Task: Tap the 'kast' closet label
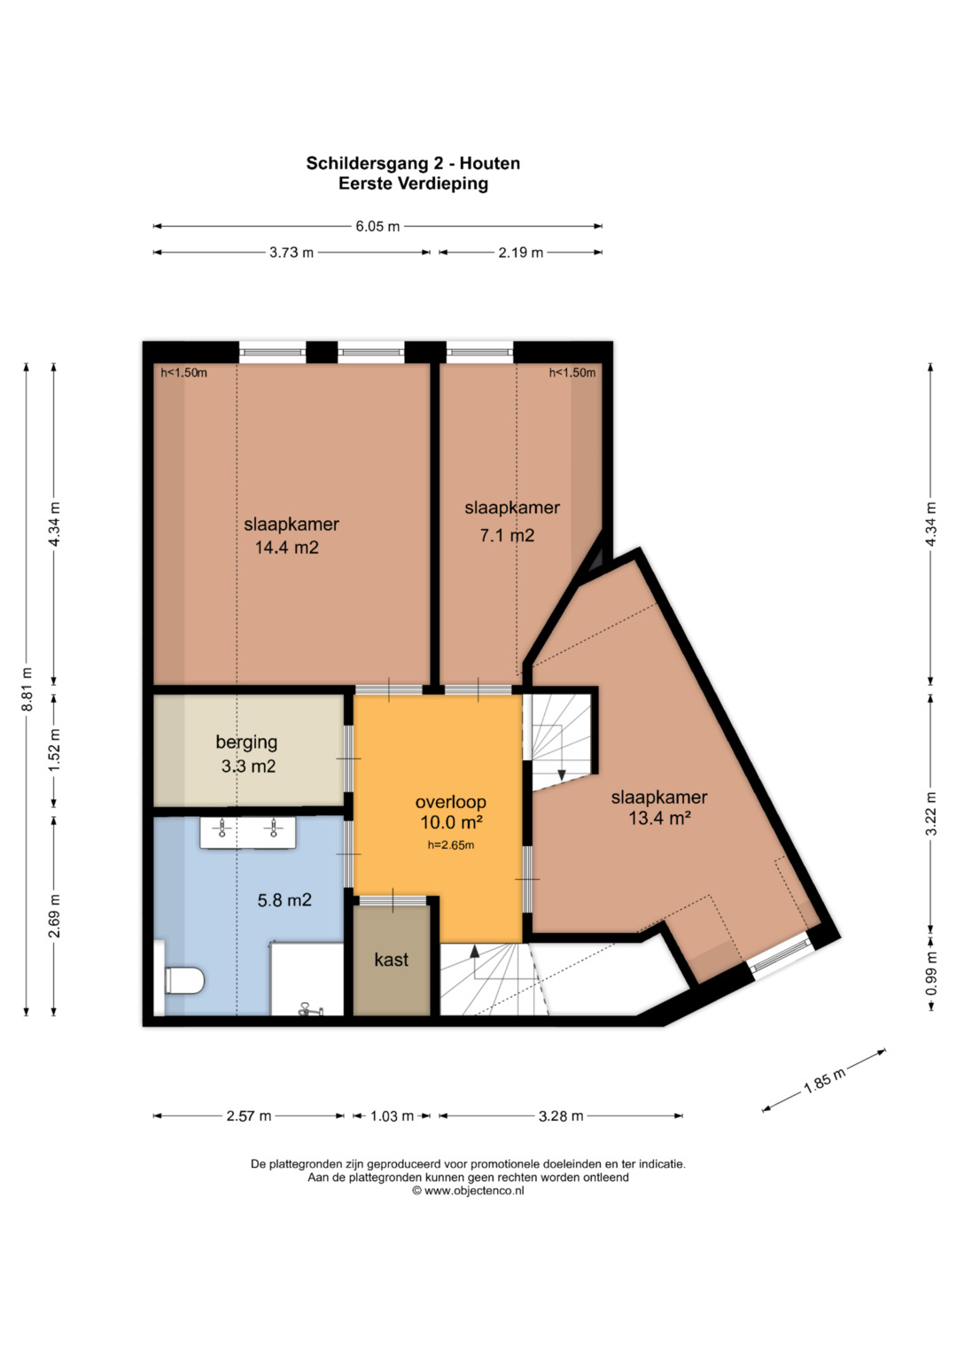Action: pyautogui.click(x=391, y=960)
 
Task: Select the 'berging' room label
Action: pyautogui.click(x=246, y=743)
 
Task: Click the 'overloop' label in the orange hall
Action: pyautogui.click(x=451, y=802)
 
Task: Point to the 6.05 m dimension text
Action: pyautogui.click(x=377, y=227)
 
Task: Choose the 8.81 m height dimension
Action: pyautogui.click(x=27, y=689)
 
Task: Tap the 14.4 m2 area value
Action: pyautogui.click(x=286, y=548)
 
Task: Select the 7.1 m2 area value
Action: pyautogui.click(x=507, y=535)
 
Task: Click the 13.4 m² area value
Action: pyautogui.click(x=660, y=818)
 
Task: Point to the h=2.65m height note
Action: pyautogui.click(x=451, y=845)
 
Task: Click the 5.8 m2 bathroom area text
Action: pyautogui.click(x=284, y=900)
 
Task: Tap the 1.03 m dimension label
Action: pyautogui.click(x=392, y=1116)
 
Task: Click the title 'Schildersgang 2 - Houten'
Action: pyautogui.click(x=413, y=163)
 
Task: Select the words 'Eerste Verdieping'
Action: pyautogui.click(x=413, y=183)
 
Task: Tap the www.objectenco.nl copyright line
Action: pyautogui.click(x=468, y=1191)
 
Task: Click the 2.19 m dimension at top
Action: pyautogui.click(x=520, y=253)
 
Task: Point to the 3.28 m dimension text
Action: pyautogui.click(x=561, y=1116)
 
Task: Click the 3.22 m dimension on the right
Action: pyautogui.click(x=931, y=813)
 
